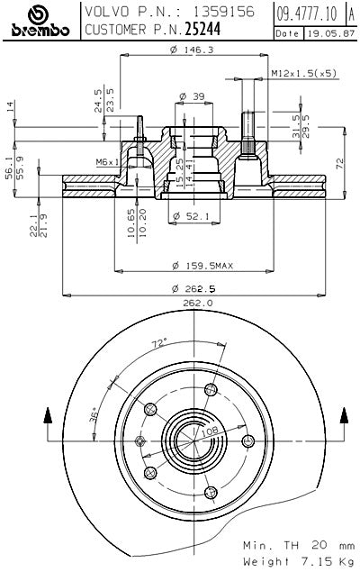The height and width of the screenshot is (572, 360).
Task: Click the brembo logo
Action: pos(39,21)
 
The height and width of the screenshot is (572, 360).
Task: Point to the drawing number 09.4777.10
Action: pos(306,12)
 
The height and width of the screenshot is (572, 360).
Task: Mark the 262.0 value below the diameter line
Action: pos(197,304)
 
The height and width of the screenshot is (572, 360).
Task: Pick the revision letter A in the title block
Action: pos(349,12)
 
